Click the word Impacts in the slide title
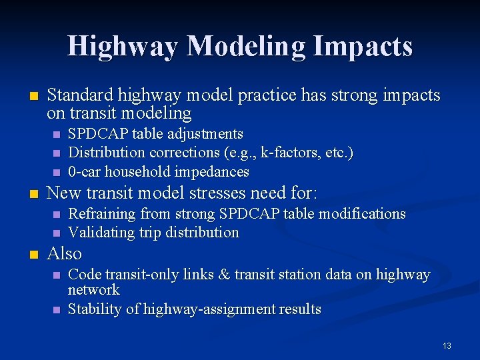coord(364,47)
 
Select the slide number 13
coord(447,345)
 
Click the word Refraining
coord(101,214)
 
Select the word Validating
coord(100,233)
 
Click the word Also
coord(65,254)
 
